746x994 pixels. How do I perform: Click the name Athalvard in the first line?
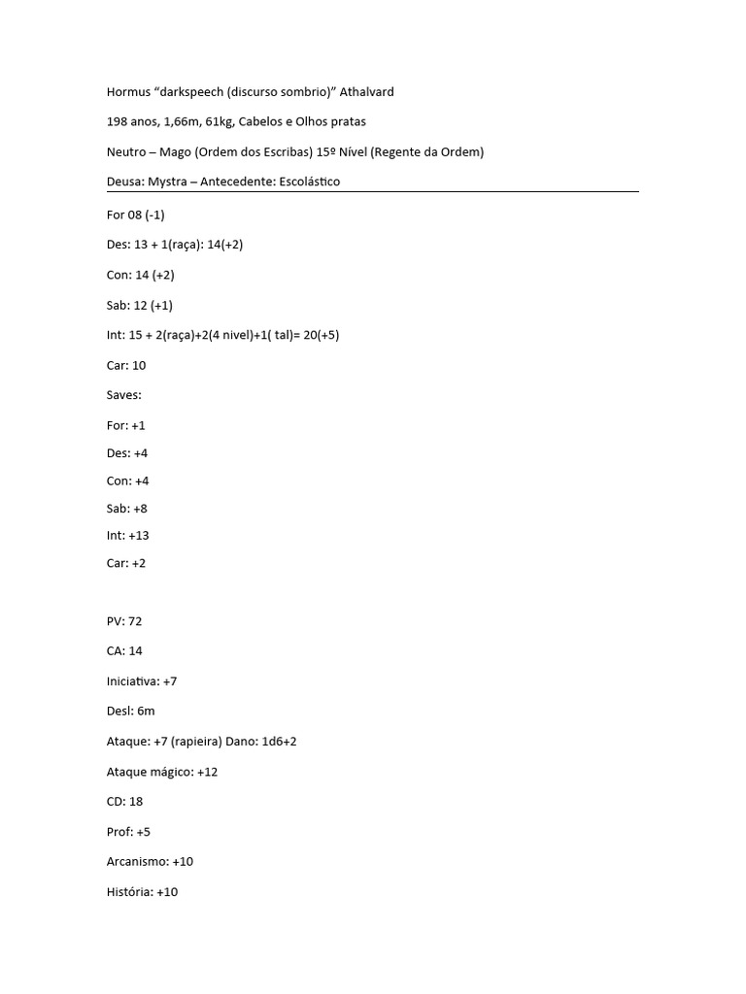coord(367,92)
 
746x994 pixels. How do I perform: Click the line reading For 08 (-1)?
coord(135,215)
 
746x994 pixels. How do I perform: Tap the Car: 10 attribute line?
coord(125,366)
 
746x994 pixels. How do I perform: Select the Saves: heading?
coord(124,396)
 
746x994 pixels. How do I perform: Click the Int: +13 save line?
coord(127,536)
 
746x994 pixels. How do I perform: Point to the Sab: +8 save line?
coord(126,509)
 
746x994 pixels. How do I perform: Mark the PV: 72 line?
coord(124,621)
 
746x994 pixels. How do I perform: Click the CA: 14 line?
coord(124,651)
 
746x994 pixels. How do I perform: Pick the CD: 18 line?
coord(124,802)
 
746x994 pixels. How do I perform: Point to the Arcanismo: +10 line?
coord(150,862)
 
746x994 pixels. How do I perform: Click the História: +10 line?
coord(142,892)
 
